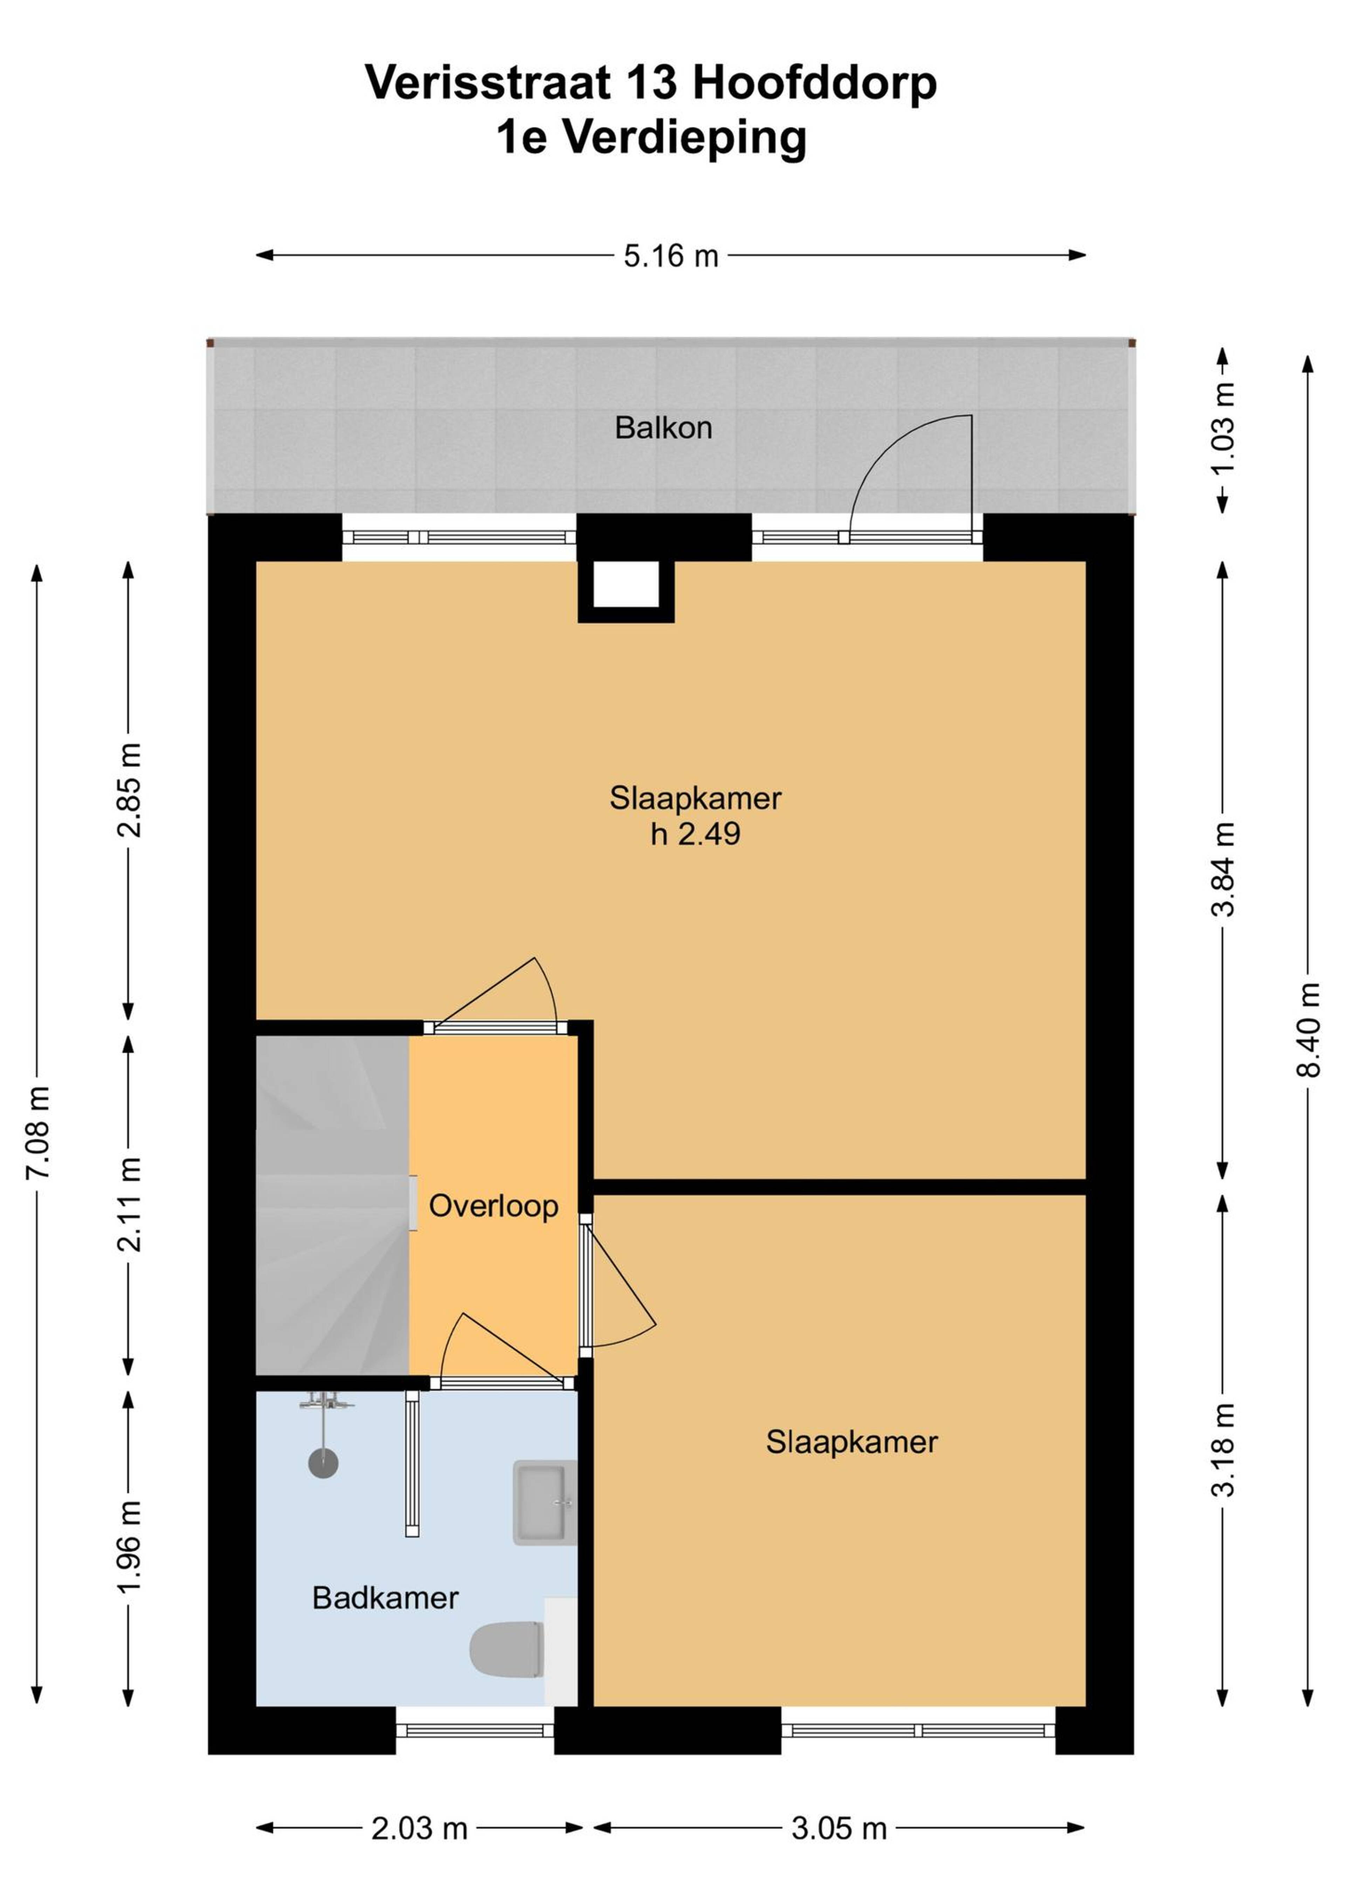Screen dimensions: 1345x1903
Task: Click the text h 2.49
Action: [695, 834]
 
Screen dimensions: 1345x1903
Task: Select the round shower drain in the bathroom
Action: [323, 1463]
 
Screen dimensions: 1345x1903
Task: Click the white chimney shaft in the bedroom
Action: [626, 584]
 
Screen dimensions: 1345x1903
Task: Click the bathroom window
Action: [475, 1730]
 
